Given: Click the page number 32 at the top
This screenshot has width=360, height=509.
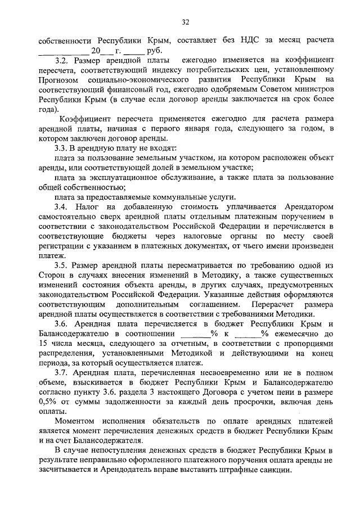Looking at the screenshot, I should (x=186, y=22).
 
